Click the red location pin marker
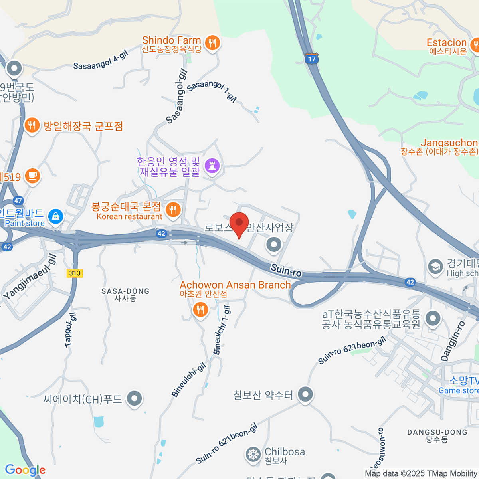239,224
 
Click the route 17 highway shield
311,59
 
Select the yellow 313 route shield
75,273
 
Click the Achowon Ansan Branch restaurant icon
200,309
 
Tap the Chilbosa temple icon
253,455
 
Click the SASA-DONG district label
125,295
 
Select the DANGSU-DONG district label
437,435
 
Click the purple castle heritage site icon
212,166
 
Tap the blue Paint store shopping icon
55,217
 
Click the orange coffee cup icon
32,176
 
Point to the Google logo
25,470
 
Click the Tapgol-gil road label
71,330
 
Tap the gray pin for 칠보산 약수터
305,394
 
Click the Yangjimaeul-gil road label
30,277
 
